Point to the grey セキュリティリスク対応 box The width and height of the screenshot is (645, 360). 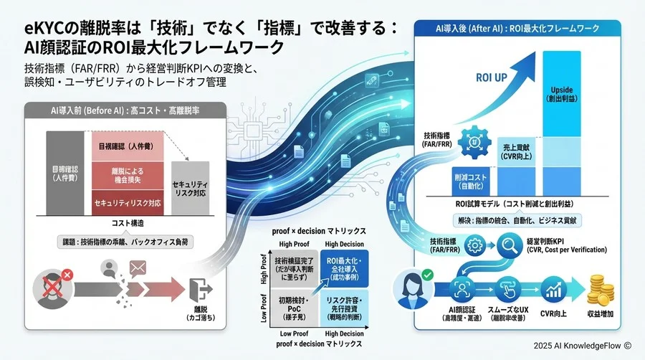point(191,189)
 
